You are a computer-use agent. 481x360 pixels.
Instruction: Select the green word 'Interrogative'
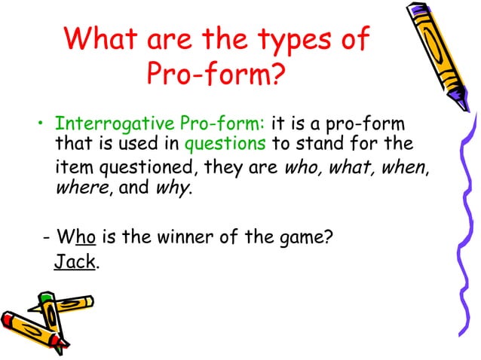pos(105,123)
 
